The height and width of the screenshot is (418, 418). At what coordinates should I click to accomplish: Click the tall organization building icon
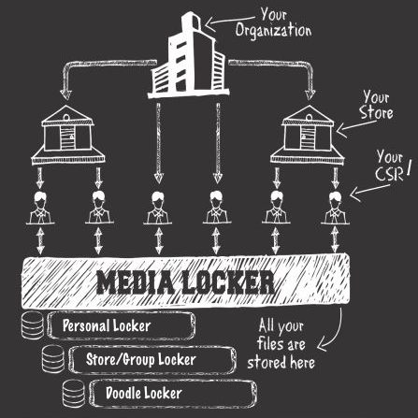[x=188, y=56]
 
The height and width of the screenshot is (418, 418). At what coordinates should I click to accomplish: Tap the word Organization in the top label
[x=273, y=31]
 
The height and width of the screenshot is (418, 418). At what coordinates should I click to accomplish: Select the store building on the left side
[x=68, y=135]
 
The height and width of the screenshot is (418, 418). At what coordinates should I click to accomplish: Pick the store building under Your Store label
[x=308, y=135]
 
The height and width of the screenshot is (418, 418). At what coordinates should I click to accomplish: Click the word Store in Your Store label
[x=376, y=113]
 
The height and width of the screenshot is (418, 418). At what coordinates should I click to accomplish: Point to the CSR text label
[x=389, y=174]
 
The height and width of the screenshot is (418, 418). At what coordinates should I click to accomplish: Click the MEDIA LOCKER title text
[x=186, y=282]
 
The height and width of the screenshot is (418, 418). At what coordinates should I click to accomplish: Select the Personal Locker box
[x=121, y=325]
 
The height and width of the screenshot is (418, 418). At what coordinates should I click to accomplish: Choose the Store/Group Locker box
[x=152, y=360]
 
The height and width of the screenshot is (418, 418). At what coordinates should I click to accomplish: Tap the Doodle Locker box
[x=173, y=394]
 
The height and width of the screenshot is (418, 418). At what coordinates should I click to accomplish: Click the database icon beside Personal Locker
[x=33, y=325]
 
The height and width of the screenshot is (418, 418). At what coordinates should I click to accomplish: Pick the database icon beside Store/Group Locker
[x=53, y=359]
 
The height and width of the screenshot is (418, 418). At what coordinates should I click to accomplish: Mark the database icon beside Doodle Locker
[x=74, y=394]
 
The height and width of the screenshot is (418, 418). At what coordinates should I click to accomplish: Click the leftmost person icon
[x=40, y=209]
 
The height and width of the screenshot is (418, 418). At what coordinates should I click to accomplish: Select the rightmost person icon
[x=335, y=209]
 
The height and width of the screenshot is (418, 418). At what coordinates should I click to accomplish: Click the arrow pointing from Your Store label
[x=355, y=127]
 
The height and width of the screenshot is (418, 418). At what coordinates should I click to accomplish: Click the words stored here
[x=281, y=363]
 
